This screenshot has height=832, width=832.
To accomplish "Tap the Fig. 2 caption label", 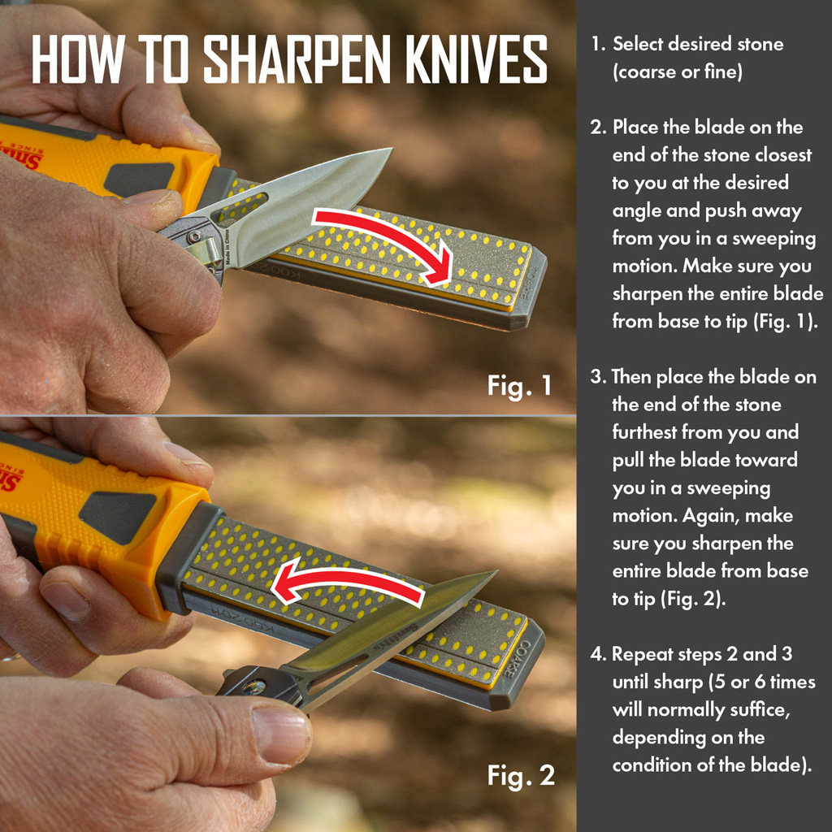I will (521, 775).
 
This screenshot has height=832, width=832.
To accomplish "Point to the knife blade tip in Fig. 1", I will (390, 150).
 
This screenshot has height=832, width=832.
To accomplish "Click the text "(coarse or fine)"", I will (677, 71).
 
